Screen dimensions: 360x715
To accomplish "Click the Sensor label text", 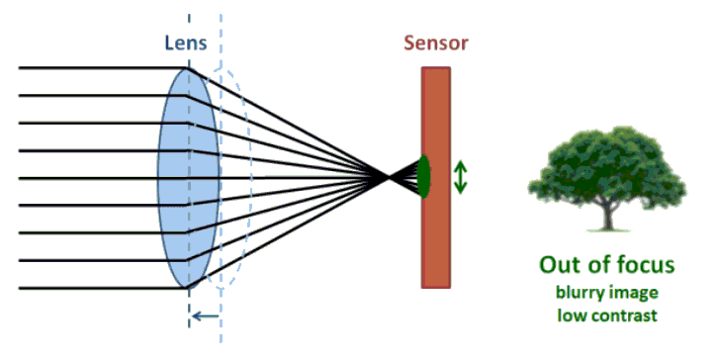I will tap(435, 45).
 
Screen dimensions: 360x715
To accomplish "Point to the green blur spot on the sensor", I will tap(423, 177).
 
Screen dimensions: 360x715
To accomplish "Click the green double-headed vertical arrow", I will tap(461, 177).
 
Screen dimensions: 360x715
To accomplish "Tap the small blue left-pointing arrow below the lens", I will tap(206, 316).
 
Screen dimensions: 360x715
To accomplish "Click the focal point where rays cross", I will tap(388, 177).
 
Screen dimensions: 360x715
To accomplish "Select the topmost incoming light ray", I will tap(99, 68).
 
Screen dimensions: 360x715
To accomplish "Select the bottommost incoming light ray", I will tap(99, 289).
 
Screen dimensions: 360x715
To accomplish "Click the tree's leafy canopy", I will tap(605, 168).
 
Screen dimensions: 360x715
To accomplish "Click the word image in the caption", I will tap(633, 294).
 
